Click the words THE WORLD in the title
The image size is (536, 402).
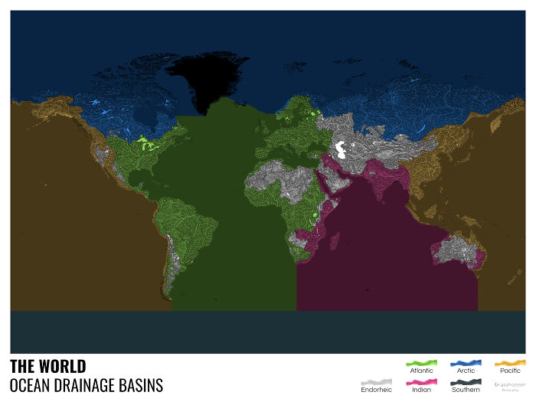[x=48, y=366]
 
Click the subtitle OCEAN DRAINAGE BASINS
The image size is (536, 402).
[x=87, y=385]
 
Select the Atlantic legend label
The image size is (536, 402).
[x=420, y=371]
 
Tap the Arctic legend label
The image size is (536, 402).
[x=466, y=371]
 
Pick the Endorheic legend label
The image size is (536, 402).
[x=376, y=390]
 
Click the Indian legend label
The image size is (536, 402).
[x=420, y=390]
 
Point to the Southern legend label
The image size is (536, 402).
[x=466, y=390]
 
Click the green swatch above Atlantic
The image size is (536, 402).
[x=420, y=361]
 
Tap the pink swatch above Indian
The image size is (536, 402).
[x=420, y=381]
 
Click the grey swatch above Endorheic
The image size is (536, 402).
[x=376, y=381]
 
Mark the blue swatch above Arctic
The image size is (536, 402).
[x=466, y=361]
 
